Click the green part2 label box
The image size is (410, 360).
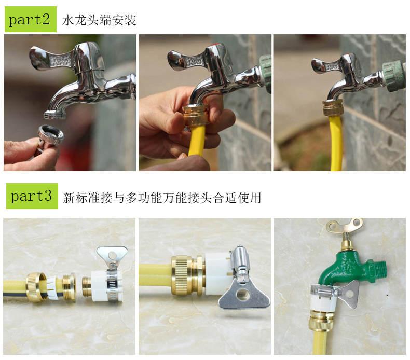31,19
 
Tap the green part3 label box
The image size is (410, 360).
32,196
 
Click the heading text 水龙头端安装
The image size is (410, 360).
99,20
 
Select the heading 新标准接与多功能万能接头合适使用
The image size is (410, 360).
162,198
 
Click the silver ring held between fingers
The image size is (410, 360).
50,135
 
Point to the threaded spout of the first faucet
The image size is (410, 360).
55,115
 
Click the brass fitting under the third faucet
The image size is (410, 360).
332,108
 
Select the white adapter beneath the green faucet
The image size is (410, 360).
322,299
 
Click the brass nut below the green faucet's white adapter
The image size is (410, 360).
322,321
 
